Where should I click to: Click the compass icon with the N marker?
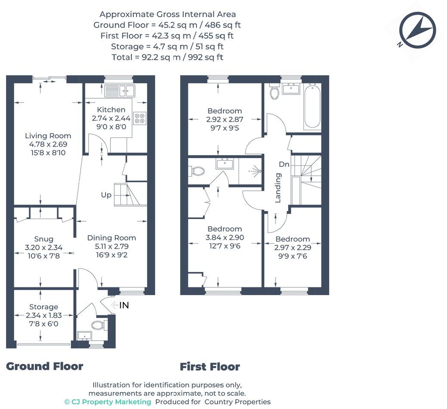point(417,30)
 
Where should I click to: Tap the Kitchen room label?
point(111,110)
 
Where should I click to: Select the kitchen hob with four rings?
point(140,118)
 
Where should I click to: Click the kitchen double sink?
point(120,91)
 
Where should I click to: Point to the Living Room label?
point(48,136)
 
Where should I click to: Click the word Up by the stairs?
point(106,195)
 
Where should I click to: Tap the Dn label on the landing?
point(284,164)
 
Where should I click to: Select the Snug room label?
point(44,239)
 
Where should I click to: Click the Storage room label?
point(43,307)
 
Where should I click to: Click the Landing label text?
point(278,188)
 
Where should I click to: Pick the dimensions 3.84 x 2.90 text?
point(225,238)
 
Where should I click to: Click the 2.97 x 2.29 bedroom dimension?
point(293,247)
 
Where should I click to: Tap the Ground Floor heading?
point(44,366)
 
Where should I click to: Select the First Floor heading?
point(210,366)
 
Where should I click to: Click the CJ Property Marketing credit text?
point(107,402)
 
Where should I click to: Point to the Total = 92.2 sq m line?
point(167,57)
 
